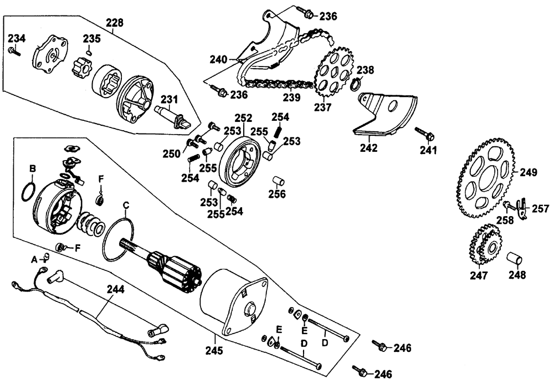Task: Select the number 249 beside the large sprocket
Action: [x=528, y=173]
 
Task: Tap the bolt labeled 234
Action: [x=13, y=51]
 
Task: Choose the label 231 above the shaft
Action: [x=170, y=99]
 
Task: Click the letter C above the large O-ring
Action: [x=126, y=206]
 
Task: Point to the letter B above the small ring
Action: [x=33, y=168]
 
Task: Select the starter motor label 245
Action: [x=214, y=350]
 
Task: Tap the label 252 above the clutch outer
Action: [x=243, y=117]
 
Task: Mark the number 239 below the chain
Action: [x=291, y=98]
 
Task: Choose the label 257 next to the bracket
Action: [x=541, y=209]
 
